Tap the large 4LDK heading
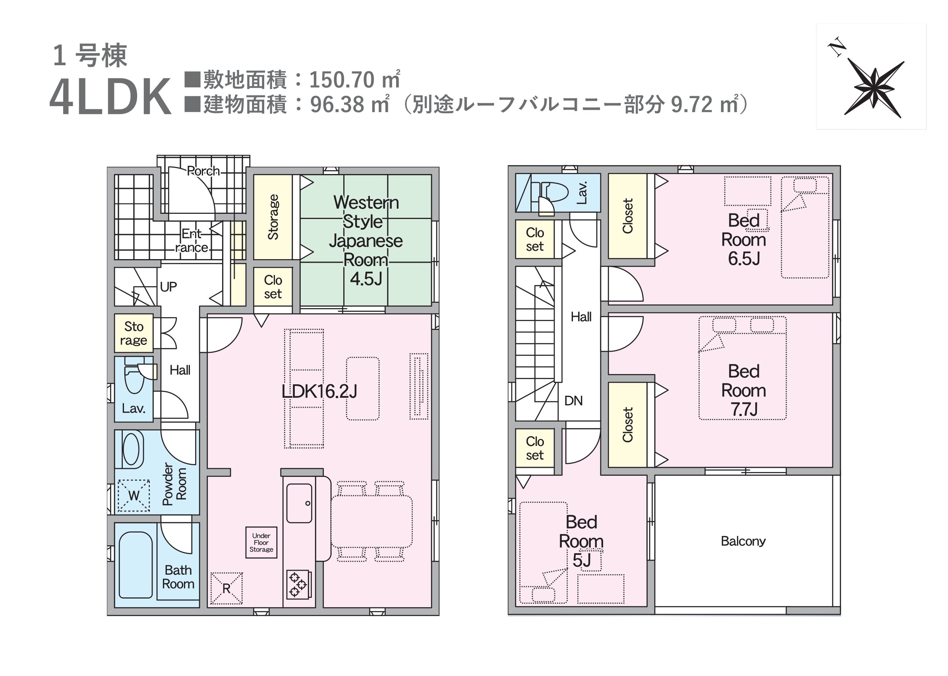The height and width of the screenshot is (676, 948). tap(110, 97)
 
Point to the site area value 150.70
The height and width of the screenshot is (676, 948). tap(342, 79)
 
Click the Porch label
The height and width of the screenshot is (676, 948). tap(203, 170)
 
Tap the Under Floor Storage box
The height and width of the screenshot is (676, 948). tap(261, 542)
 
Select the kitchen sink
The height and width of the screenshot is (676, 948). tap(299, 503)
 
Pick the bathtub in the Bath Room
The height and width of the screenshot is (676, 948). tap(135, 564)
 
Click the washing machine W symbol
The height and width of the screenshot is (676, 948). tap(133, 495)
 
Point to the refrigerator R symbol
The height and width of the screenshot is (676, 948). tap(226, 588)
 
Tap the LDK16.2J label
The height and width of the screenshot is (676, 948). tap(319, 391)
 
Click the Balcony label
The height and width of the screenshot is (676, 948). tap(743, 541)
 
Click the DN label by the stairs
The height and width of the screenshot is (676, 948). tap(573, 401)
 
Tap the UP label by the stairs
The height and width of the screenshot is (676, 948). tap(168, 287)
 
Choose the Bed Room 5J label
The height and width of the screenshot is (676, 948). tap(581, 541)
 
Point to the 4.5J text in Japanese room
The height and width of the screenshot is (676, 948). tap(366, 279)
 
